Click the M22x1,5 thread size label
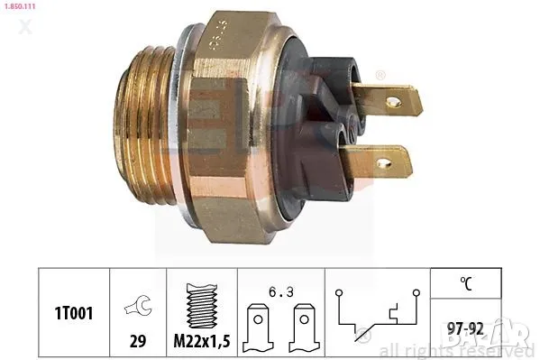tap(202, 344)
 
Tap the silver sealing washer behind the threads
tap(184, 126)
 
